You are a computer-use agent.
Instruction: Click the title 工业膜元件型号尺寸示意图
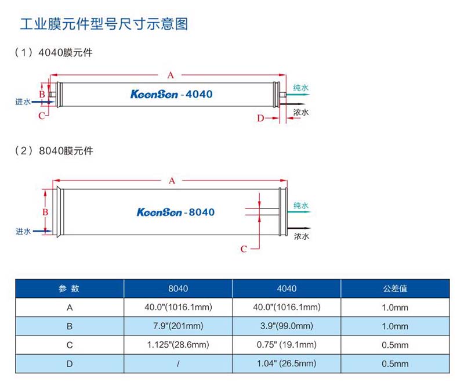(104, 24)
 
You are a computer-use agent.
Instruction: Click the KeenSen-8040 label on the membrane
(176, 212)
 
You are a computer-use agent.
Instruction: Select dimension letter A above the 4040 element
(171, 75)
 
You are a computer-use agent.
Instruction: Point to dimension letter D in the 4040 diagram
(260, 118)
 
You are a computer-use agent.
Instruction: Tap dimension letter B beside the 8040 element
(45, 212)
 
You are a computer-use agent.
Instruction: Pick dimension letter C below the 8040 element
(244, 249)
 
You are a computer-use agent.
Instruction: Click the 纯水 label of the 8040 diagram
(300, 206)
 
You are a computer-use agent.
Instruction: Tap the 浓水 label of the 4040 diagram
(300, 113)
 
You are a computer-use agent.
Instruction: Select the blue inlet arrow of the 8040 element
(41, 231)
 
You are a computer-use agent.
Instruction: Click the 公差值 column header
(394, 289)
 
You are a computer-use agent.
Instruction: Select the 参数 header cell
(69, 289)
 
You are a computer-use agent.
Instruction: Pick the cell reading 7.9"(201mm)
(177, 326)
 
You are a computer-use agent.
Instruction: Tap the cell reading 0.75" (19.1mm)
(286, 345)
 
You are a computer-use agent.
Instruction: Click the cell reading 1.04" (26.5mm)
(286, 364)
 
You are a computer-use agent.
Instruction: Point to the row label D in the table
(69, 364)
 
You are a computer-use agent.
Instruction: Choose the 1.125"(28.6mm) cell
(177, 345)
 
